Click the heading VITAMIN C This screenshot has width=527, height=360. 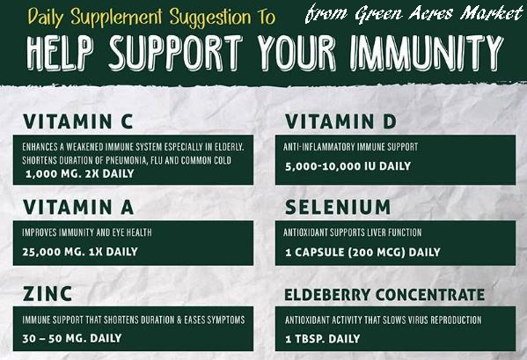[x=78, y=121]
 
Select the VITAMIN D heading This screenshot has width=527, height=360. [x=340, y=121]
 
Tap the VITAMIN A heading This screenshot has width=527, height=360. [x=78, y=207]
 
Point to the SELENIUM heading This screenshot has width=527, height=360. [x=338, y=207]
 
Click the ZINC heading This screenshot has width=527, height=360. [x=48, y=294]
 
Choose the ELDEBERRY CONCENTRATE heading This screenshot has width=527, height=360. [x=384, y=295]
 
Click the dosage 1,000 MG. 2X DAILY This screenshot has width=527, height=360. [x=80, y=173]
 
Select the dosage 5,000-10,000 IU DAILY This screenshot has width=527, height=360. [x=348, y=166]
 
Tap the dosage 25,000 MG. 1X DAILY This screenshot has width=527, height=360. [x=80, y=252]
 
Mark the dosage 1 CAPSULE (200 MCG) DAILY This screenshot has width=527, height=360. [x=362, y=252]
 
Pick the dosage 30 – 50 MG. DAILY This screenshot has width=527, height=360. [x=72, y=338]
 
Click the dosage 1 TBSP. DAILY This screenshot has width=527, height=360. [x=323, y=339]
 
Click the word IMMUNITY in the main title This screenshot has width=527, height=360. [x=427, y=53]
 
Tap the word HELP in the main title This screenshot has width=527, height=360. [x=60, y=53]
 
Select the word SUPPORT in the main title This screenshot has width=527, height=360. [x=176, y=53]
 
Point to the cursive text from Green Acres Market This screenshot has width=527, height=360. [x=414, y=13]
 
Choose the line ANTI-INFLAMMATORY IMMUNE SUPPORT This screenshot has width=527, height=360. [x=350, y=147]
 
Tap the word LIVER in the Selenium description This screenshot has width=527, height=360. [x=376, y=232]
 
